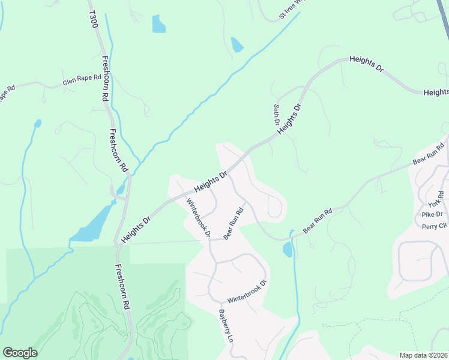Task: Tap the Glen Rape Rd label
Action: (x=82, y=81)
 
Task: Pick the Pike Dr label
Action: (x=432, y=214)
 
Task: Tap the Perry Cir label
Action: (x=435, y=226)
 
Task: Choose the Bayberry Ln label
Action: (x=226, y=325)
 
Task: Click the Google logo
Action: (x=20, y=353)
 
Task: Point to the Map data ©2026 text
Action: (x=423, y=355)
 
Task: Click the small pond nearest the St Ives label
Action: (x=237, y=44)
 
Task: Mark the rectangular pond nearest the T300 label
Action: (x=158, y=24)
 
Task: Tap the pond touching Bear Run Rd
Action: (x=288, y=249)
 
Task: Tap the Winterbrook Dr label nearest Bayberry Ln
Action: (x=246, y=291)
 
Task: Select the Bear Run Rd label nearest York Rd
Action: (x=428, y=154)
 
